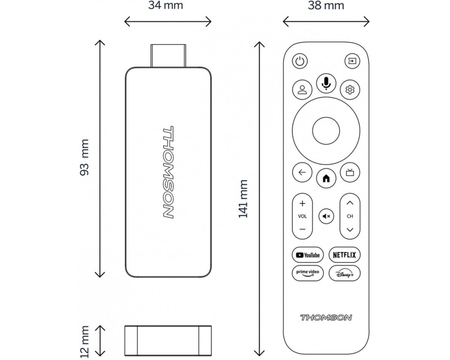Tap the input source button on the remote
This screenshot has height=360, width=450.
(352, 61)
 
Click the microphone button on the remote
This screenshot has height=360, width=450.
(326, 83)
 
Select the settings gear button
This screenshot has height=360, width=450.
(350, 90)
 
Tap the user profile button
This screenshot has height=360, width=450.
(302, 90)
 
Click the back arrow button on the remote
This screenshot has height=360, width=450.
(302, 172)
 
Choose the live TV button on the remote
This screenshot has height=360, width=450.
(350, 172)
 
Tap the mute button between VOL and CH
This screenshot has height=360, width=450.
(326, 216)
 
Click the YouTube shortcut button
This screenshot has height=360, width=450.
(308, 255)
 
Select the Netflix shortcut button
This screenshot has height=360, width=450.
(344, 255)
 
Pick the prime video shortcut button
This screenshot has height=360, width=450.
(308, 273)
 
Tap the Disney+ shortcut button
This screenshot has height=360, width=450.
(344, 273)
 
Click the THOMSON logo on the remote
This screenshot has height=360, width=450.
(326, 318)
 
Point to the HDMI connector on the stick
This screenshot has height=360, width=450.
(168, 56)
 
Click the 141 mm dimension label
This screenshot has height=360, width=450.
(243, 198)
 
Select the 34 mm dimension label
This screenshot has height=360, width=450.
(166, 5)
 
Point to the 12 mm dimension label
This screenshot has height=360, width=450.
(85, 342)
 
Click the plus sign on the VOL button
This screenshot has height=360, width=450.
(302, 203)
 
